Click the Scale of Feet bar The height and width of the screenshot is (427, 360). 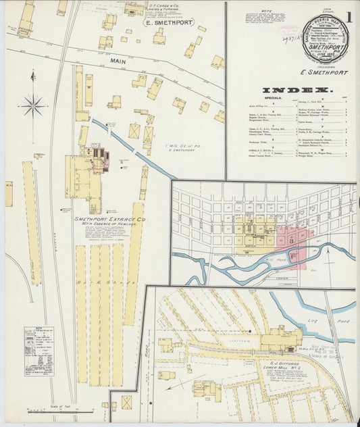point(51,409)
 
